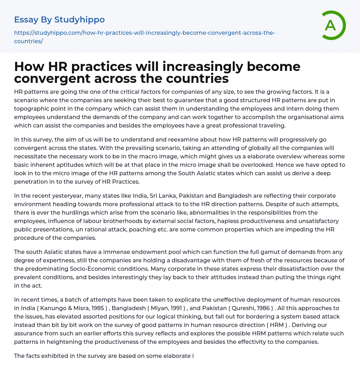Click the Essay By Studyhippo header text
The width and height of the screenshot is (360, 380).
pos(59,20)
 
